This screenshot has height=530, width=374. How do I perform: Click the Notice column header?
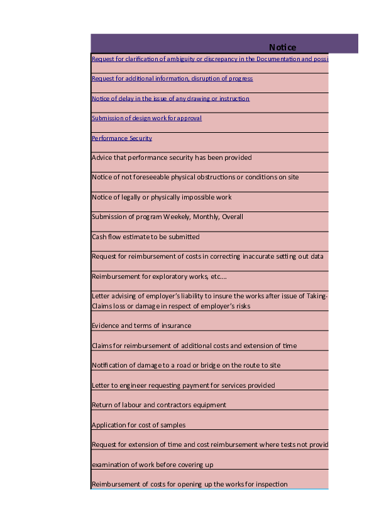[282, 47]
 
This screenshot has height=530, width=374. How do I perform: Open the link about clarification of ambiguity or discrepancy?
[209, 59]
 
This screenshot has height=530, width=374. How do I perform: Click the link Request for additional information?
[172, 79]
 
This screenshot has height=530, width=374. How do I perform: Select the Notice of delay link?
[170, 99]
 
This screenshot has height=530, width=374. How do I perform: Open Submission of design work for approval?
[146, 118]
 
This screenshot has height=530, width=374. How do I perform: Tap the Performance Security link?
[122, 138]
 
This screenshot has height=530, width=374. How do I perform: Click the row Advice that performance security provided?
[172, 157]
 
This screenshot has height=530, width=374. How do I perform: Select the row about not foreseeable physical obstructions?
[195, 178]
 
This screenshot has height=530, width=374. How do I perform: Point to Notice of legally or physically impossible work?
[162, 197]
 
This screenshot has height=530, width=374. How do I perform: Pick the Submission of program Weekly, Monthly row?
[167, 217]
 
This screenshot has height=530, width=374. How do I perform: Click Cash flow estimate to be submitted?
[145, 237]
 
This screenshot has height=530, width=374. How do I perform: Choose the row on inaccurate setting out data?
[207, 257]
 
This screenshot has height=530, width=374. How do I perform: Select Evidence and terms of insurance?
[141, 326]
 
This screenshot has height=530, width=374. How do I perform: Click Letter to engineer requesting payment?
[183, 385]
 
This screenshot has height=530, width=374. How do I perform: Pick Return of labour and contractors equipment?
[159, 405]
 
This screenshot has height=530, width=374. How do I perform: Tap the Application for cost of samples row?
[138, 426]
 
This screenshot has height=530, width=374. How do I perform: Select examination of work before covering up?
[152, 465]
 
